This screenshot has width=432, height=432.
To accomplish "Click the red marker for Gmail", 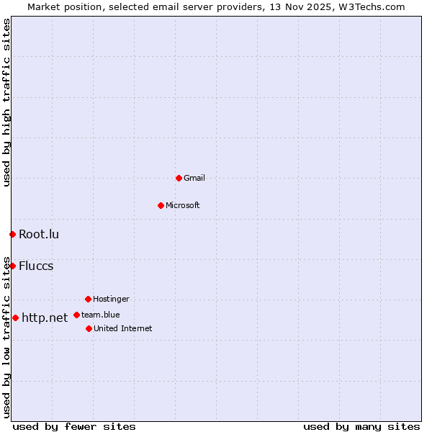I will pyautogui.click(x=179, y=178).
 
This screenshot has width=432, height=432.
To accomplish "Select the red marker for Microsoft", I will pyautogui.click(x=161, y=205).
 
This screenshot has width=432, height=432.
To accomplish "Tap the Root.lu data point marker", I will pyautogui.click(x=12, y=234).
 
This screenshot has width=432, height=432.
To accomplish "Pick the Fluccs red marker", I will pyautogui.click(x=12, y=266).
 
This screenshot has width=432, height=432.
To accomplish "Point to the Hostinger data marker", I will pyautogui.click(x=88, y=299).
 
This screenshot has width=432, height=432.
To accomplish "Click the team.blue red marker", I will pyautogui.click(x=76, y=315).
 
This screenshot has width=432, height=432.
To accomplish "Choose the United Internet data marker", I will pyautogui.click(x=89, y=328).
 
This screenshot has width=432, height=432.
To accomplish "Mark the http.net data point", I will pyautogui.click(x=15, y=318).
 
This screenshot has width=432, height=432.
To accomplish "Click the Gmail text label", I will pyautogui.click(x=194, y=178).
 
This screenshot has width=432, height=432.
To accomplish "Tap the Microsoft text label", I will pyautogui.click(x=183, y=205).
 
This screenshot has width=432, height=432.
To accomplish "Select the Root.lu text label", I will pyautogui.click(x=39, y=234).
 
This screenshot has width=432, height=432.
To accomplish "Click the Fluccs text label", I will pyautogui.click(x=36, y=266).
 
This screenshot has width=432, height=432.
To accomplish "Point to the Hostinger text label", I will pyautogui.click(x=111, y=299).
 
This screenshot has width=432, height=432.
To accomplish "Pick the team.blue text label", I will pyautogui.click(x=101, y=315).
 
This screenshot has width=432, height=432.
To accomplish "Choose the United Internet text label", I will pyautogui.click(x=123, y=328).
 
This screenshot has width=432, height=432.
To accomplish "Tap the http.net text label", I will pyautogui.click(x=45, y=318).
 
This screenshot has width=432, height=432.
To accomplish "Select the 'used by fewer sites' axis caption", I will pyautogui.click(x=74, y=426).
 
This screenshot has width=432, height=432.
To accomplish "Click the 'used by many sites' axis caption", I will pyautogui.click(x=361, y=426).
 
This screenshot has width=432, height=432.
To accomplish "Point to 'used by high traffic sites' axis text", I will pyautogui.click(x=6, y=102).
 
